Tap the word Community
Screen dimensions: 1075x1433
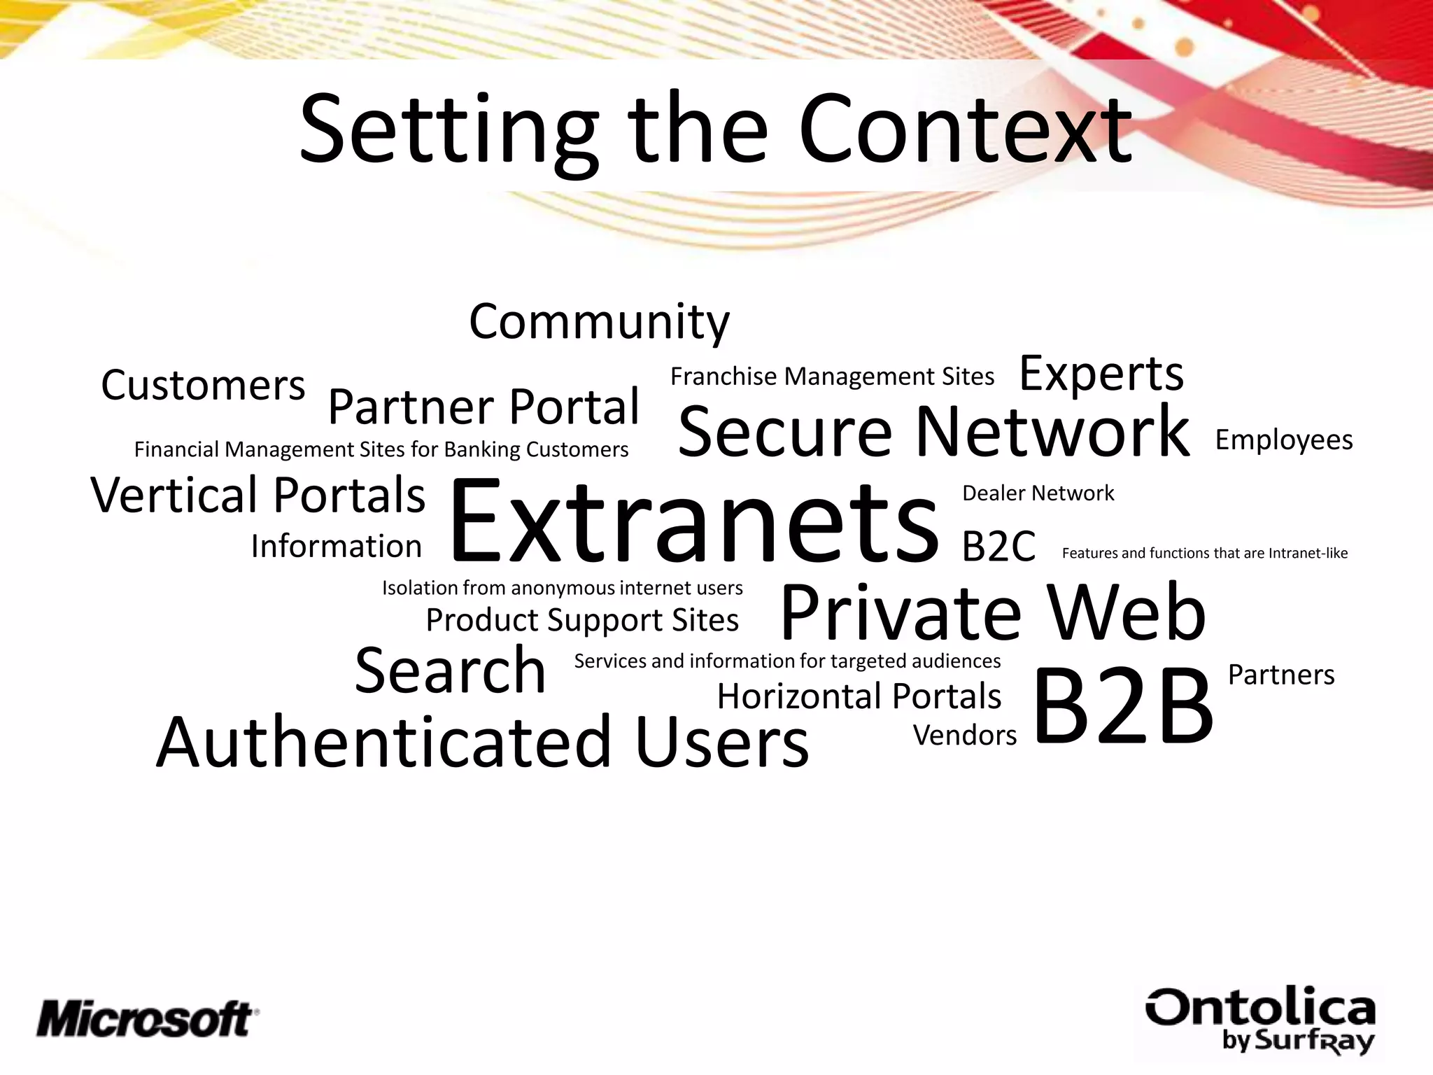pyautogui.click(x=599, y=322)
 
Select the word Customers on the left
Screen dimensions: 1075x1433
pyautogui.click(x=203, y=385)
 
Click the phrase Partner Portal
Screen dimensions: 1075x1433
pyautogui.click(x=483, y=407)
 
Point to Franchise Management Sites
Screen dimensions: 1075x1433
pyautogui.click(x=832, y=377)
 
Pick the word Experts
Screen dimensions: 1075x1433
pyautogui.click(x=1101, y=373)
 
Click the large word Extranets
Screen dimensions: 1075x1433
pyautogui.click(x=693, y=521)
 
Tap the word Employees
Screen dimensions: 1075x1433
pyautogui.click(x=1284, y=440)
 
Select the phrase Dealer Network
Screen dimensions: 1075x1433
pyautogui.click(x=1038, y=493)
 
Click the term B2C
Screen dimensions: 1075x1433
pyautogui.click(x=998, y=547)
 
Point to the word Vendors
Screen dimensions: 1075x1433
pyautogui.click(x=965, y=736)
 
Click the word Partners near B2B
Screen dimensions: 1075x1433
pyautogui.click(x=1281, y=675)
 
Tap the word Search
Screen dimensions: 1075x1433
pyautogui.click(x=450, y=671)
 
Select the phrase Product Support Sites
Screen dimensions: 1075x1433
pyautogui.click(x=582, y=620)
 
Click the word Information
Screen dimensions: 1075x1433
pyautogui.click(x=337, y=547)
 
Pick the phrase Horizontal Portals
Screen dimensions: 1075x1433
pyautogui.click(x=859, y=696)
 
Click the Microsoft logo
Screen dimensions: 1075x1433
pyautogui.click(x=147, y=1018)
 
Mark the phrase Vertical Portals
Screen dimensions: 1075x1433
pyautogui.click(x=258, y=495)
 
